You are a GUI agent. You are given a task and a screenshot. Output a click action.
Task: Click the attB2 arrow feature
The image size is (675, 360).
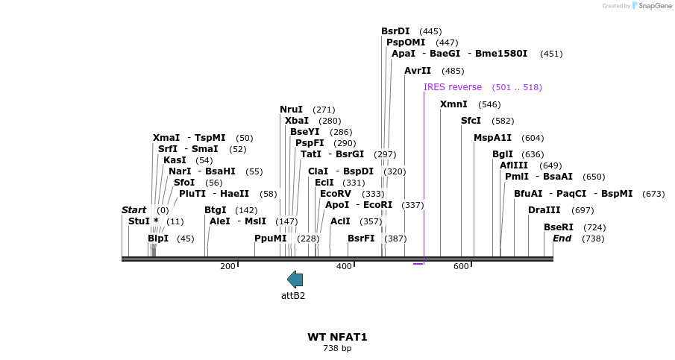(295, 280)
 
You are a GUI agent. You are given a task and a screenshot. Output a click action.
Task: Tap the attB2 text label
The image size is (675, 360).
(293, 295)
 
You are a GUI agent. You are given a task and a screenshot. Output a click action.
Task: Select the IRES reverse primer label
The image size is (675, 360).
(453, 87)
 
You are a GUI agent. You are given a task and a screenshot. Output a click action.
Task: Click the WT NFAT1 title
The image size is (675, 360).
(337, 337)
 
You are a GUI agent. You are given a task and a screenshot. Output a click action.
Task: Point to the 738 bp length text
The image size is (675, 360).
(337, 348)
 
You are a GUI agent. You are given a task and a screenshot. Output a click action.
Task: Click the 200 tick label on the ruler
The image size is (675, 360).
(227, 266)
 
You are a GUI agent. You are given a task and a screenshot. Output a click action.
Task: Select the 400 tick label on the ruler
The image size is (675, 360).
(344, 266)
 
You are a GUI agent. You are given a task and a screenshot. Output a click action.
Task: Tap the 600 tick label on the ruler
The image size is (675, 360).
(460, 266)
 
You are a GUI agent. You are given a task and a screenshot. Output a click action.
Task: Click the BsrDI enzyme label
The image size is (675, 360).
(395, 31)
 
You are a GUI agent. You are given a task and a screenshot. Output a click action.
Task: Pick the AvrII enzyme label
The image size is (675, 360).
(418, 71)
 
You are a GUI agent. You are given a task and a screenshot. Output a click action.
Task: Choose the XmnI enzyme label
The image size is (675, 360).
(453, 104)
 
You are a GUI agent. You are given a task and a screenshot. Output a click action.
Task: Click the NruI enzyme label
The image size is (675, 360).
(291, 110)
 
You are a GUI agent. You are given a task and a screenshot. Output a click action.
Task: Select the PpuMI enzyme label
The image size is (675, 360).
(270, 239)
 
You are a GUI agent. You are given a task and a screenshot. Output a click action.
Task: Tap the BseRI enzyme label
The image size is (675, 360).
(558, 227)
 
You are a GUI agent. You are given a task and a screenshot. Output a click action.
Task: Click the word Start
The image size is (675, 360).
(134, 210)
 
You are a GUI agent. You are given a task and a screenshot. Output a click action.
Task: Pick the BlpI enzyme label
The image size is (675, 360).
(158, 239)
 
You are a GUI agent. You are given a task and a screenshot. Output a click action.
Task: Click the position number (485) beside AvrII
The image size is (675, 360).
(453, 71)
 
